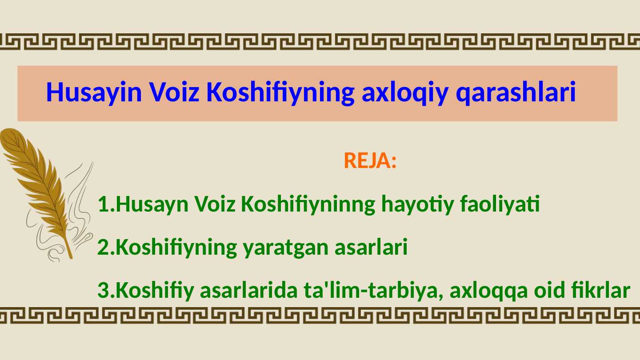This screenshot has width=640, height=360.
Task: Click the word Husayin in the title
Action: (94, 92)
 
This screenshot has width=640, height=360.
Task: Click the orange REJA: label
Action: (370, 160)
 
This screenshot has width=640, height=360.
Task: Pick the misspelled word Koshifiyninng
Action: (308, 204)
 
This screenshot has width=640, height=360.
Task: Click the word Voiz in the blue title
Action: (175, 92)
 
